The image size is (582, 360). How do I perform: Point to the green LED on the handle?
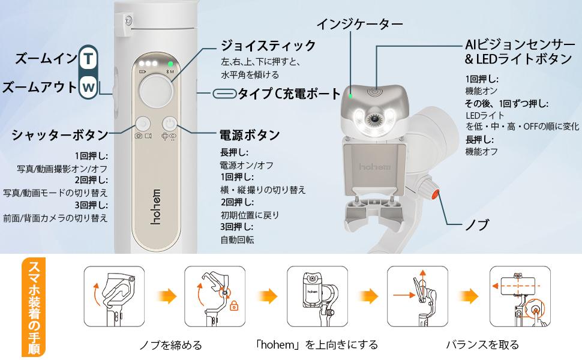[x=171, y=64]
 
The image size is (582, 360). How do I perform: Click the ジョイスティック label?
[x=268, y=46]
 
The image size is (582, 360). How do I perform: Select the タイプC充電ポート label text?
[x=289, y=94]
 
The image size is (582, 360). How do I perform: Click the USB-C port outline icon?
[x=224, y=94]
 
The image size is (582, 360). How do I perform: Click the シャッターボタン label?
[x=60, y=134]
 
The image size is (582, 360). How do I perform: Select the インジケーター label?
[x=360, y=24]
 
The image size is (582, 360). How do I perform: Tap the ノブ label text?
[x=478, y=225]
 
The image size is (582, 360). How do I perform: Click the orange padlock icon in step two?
[x=233, y=306]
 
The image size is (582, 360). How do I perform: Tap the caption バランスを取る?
[x=482, y=344]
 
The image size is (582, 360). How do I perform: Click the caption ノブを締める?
[x=170, y=344]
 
